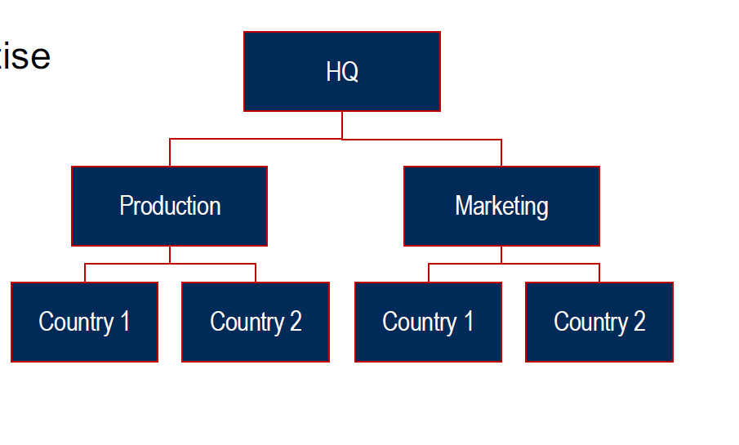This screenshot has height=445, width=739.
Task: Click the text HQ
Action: (342, 72)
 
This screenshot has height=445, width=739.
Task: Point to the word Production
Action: (170, 206)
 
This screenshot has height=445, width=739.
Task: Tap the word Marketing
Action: (501, 206)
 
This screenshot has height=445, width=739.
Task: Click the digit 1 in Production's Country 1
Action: (125, 322)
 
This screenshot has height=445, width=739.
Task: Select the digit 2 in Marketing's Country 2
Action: (639, 322)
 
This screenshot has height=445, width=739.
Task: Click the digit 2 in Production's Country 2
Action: (296, 322)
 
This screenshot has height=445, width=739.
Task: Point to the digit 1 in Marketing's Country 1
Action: (469, 322)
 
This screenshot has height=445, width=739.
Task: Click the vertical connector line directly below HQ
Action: (342, 125)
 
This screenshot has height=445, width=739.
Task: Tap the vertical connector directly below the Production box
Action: (170, 254)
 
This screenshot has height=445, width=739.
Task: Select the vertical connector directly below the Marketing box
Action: (501, 254)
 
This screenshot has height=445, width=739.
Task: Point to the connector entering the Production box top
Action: (170, 153)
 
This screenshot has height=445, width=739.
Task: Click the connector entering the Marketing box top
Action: (501, 154)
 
